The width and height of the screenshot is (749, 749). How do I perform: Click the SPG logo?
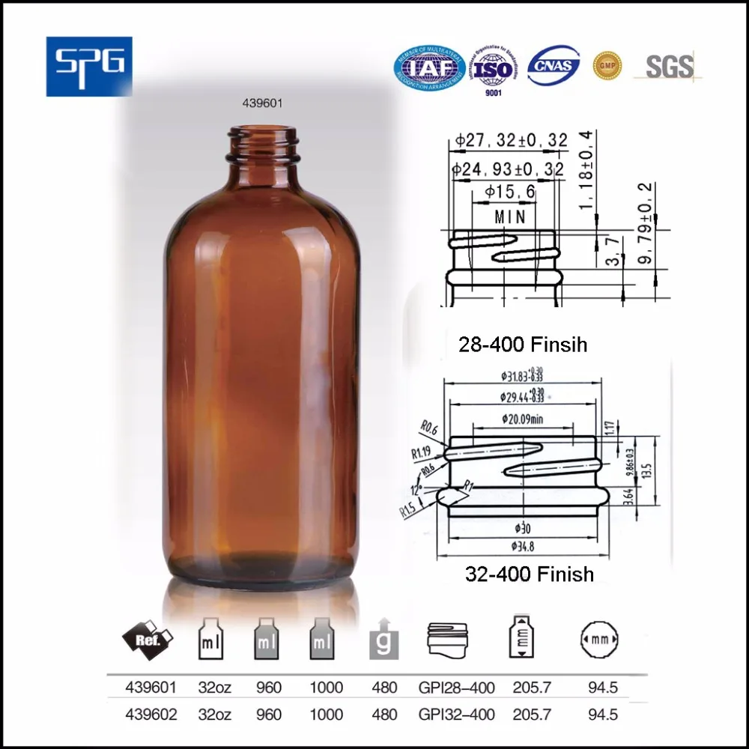89,66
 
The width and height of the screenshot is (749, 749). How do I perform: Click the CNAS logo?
554,66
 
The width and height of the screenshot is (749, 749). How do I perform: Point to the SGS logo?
668,67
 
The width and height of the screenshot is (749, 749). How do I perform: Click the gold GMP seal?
607,65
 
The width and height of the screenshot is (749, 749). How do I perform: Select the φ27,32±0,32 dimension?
510,141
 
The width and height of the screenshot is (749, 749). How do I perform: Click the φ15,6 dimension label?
510,192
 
